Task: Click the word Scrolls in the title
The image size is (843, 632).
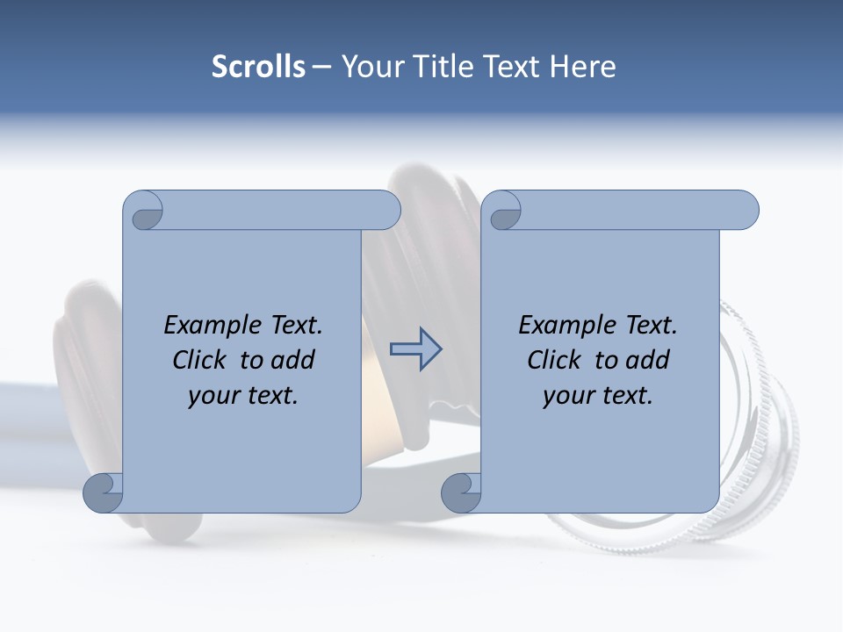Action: pyautogui.click(x=258, y=67)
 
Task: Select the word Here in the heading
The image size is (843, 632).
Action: pyautogui.click(x=583, y=67)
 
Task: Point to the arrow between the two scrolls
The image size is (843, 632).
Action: pyautogui.click(x=415, y=349)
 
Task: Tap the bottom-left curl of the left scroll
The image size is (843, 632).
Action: pyautogui.click(x=103, y=492)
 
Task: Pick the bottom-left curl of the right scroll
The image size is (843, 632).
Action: pyautogui.click(x=461, y=492)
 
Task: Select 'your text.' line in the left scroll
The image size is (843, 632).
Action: pyautogui.click(x=243, y=396)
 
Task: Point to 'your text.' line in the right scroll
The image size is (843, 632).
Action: pyautogui.click(x=598, y=396)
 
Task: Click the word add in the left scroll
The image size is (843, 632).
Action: pyautogui.click(x=292, y=360)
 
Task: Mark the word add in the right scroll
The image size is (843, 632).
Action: pyautogui.click(x=646, y=360)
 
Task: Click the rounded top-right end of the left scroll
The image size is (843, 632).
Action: pyautogui.click(x=386, y=211)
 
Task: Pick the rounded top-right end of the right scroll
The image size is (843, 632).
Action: pyautogui.click(x=745, y=211)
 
